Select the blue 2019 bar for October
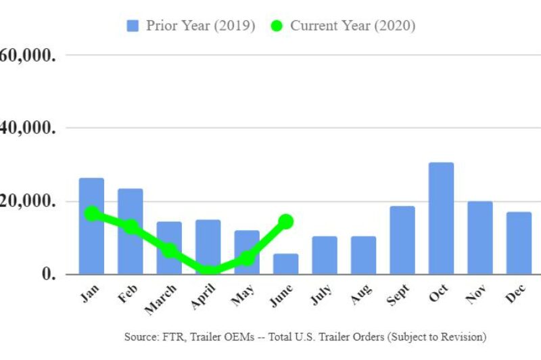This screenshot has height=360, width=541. (441, 219)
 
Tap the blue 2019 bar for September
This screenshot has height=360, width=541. (402, 240)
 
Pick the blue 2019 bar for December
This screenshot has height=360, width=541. (519, 243)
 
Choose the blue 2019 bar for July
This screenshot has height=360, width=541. (325, 255)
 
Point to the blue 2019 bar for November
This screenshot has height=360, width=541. (480, 238)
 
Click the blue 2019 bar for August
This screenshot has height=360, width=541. (363, 255)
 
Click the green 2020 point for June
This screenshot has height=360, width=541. (286, 221)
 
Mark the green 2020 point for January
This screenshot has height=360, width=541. (92, 214)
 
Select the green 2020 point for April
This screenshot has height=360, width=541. (208, 272)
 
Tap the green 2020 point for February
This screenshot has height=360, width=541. (131, 227)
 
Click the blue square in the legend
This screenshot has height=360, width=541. (133, 26)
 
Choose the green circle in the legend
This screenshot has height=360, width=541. (276, 26)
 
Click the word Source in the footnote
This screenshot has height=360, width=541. (139, 336)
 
